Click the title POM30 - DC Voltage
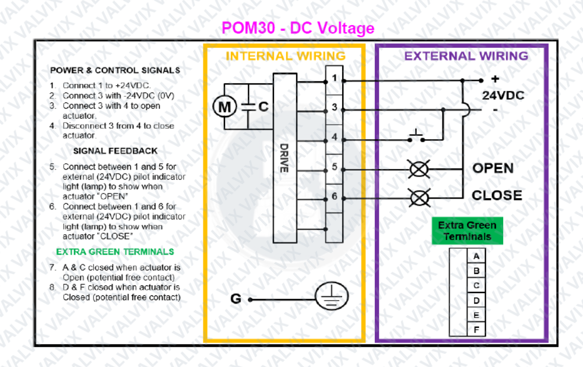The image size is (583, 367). pos(298,28)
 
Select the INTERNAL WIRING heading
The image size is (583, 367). pos(285,57)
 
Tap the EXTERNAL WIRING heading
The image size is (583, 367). pos(466,57)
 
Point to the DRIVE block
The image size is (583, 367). pos(284,157)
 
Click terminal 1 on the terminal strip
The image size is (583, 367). pos(334,77)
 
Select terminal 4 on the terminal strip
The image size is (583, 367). pos(334,137)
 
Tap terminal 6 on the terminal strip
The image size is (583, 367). pos(334,197)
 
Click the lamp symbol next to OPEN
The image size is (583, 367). pos(419,169)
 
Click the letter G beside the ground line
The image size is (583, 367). pos(236,299)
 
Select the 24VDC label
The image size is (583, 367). pos(503,95)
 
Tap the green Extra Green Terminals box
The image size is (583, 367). pos(467,231)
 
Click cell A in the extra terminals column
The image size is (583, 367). pos(476,256)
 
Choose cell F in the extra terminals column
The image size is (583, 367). pos(476,330)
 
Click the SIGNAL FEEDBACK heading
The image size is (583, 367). pos(115,151)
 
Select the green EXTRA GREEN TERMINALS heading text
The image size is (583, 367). pos(115,252)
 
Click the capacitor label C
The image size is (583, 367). pos(263,107)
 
